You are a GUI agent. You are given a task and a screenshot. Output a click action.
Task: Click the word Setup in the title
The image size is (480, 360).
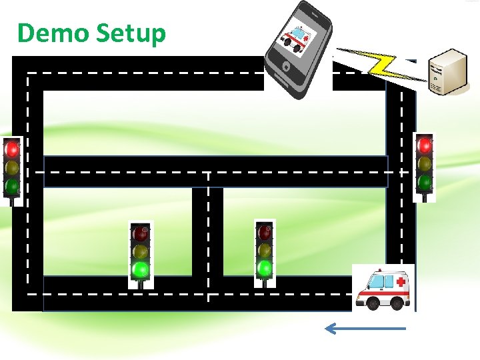pyautogui.click(x=130, y=33)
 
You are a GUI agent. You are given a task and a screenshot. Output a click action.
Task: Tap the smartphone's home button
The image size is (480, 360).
pyautogui.click(x=286, y=67)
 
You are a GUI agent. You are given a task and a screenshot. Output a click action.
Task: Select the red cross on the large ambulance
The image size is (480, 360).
pyautogui.click(x=400, y=283)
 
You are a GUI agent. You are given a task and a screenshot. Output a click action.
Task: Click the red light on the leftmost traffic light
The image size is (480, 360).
pyautogui.click(x=12, y=149)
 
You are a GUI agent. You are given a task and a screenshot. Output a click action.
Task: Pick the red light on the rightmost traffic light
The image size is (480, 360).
pyautogui.click(x=424, y=145)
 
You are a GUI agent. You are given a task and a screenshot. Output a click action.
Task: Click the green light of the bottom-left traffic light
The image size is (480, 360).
pyautogui.click(x=140, y=269)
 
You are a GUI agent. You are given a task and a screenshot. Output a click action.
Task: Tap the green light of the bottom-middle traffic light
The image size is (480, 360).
pyautogui.click(x=265, y=268)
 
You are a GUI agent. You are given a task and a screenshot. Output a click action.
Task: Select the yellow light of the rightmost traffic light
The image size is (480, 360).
pyautogui.click(x=424, y=163)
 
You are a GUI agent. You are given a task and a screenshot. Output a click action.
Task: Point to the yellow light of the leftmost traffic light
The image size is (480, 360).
pyautogui.click(x=12, y=167)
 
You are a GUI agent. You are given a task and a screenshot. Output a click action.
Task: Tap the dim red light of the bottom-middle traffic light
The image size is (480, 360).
pyautogui.click(x=265, y=233)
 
